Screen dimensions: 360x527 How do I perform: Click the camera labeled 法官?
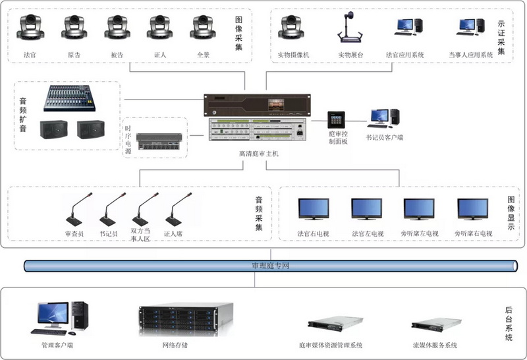30,28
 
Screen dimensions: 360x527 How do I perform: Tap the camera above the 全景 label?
203,28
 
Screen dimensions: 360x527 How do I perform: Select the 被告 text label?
117,55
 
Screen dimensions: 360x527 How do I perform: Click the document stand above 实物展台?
350,28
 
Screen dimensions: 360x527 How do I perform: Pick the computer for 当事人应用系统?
470,27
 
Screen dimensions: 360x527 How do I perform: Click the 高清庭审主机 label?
258,153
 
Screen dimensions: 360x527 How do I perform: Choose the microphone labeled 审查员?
74,210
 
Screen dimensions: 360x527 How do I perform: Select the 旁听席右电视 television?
473,209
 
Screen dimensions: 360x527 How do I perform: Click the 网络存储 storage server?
186,319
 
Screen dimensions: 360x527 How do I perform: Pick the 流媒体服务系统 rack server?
434,325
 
